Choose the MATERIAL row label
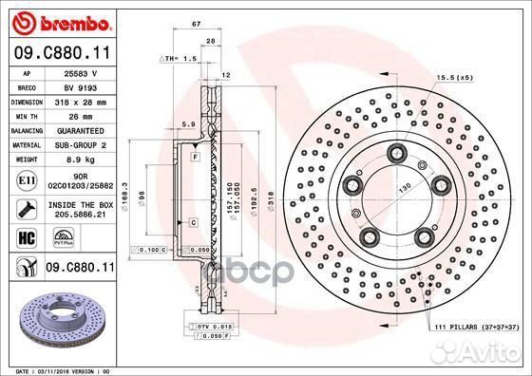pyautogui.click(x=25, y=145)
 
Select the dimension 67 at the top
pyautogui.click(x=195, y=22)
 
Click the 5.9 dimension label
pyautogui.click(x=188, y=125)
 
